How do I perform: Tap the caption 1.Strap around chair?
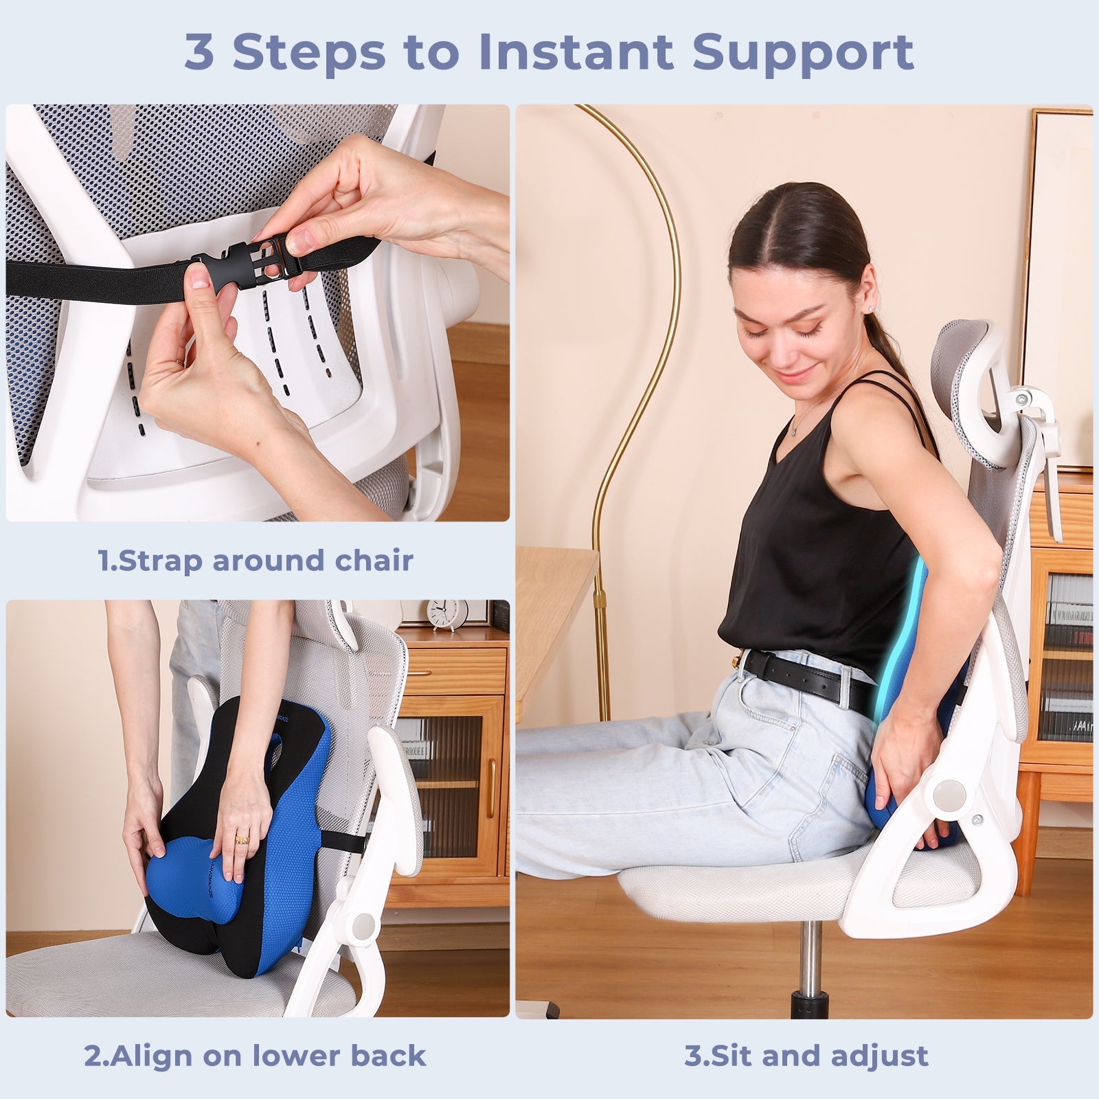pyautogui.click(x=256, y=560)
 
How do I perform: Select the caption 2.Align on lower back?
pyautogui.click(x=255, y=1055)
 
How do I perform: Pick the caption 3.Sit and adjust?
pyautogui.click(x=806, y=1055)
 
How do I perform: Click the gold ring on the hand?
pyautogui.click(x=242, y=838)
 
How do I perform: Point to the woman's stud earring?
pyautogui.click(x=872, y=310)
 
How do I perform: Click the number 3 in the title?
pyautogui.click(x=199, y=52)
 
